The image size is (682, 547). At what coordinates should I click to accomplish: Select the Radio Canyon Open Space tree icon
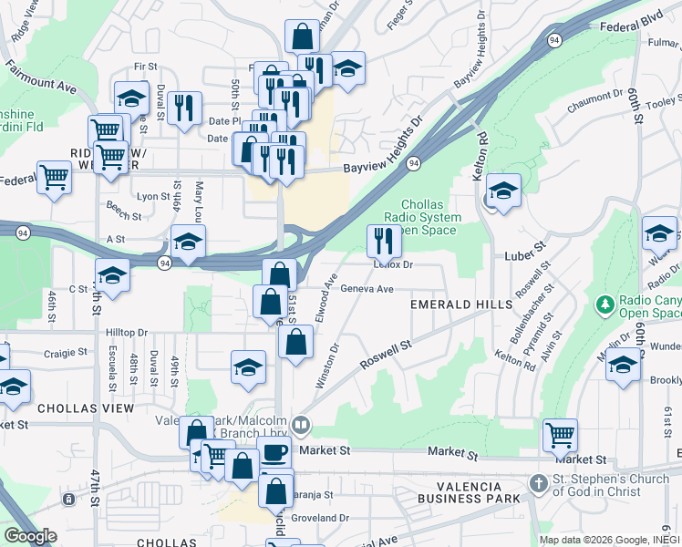(x=604, y=304)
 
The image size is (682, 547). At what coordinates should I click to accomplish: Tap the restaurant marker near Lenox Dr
(x=384, y=241)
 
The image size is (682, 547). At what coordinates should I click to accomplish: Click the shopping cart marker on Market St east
(x=560, y=435)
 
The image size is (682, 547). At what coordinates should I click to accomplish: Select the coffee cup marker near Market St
(x=274, y=451)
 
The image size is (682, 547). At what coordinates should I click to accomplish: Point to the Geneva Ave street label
(x=367, y=289)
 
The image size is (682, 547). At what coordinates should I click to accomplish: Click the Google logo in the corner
(x=30, y=536)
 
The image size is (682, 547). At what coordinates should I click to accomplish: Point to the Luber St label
(x=525, y=246)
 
